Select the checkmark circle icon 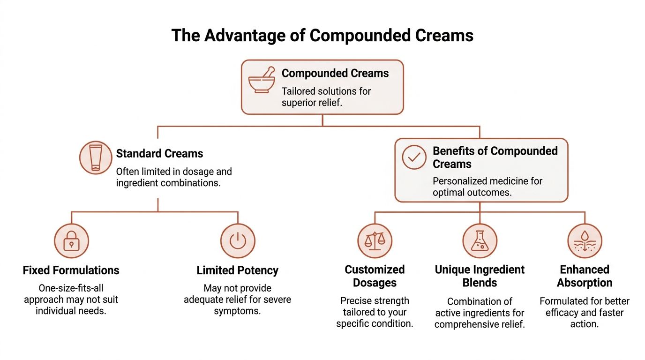tap(414, 158)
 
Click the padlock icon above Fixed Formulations tap(71, 241)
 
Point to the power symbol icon tap(238, 241)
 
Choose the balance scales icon tap(375, 241)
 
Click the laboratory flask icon tap(480, 241)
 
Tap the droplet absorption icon tap(585, 241)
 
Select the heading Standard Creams tap(159, 153)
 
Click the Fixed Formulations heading tap(71, 270)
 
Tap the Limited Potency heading tap(237, 270)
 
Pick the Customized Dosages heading tap(375, 276)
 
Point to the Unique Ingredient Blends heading tap(480, 276)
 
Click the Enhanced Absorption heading tap(585, 276)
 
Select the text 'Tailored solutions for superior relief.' tap(326, 97)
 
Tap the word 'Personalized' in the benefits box tap(459, 181)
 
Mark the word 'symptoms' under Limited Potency tap(237, 311)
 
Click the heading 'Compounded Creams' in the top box tap(335, 74)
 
